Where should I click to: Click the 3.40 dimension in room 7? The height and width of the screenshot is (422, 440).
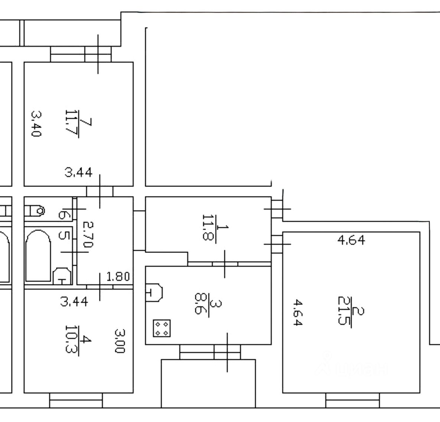tap(36, 124)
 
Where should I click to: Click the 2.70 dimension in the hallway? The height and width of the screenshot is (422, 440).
tap(88, 235)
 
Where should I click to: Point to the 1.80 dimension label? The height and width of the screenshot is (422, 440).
tap(118, 277)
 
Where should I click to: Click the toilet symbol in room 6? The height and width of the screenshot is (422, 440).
tap(36, 211)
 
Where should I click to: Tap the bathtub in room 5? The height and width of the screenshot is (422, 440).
tap(38, 256)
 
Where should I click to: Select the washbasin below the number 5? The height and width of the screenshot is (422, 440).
tap(62, 276)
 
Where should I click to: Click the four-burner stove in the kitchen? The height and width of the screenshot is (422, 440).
tap(162, 328)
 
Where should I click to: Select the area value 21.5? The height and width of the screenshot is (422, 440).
tap(344, 310)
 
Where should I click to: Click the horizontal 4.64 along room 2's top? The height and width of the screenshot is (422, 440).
tap(351, 240)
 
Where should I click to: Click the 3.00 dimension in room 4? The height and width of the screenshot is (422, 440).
tap(119, 340)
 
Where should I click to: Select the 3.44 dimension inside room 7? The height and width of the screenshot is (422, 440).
tap(78, 172)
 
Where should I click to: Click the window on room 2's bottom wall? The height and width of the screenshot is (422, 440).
tap(352, 400)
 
